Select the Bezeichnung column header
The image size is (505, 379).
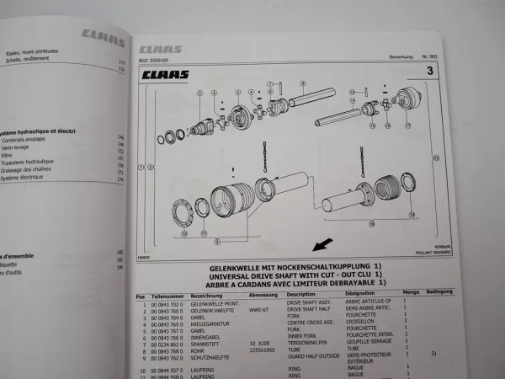(209, 296)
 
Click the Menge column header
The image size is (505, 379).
(412, 295)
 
